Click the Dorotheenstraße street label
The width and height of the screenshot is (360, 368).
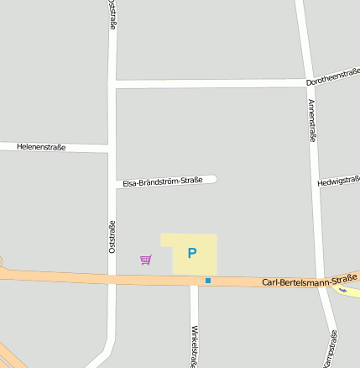coord(332,80)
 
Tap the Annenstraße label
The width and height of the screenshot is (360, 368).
coord(311,120)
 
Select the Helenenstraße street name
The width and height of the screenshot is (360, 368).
coord(41,147)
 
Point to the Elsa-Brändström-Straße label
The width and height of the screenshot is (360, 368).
coord(163,181)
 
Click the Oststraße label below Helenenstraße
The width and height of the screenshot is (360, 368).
coord(112,236)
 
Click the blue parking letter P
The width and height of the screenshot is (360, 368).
coord(192,253)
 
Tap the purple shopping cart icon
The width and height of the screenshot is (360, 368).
coord(146,260)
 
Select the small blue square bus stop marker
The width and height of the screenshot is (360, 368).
coord(208,280)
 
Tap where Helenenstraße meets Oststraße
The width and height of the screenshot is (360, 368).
coord(112,149)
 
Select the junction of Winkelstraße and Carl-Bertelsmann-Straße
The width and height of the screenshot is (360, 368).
coord(194,281)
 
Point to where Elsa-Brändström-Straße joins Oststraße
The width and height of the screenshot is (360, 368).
coord(112,184)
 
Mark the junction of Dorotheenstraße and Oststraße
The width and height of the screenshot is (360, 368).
coord(112,84)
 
